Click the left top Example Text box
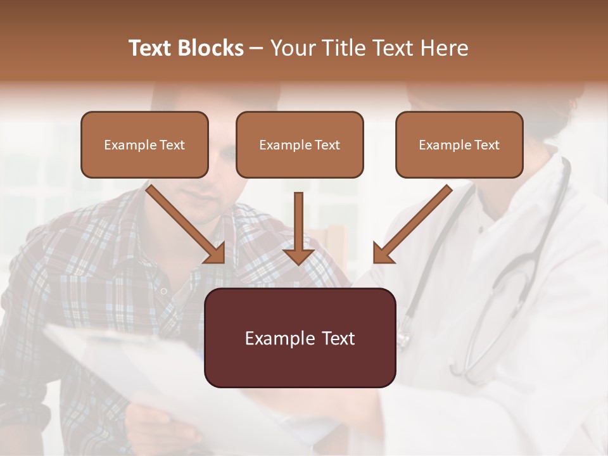[144, 144]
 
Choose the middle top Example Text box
[300, 144]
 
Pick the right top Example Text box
[459, 144]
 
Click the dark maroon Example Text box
[300, 338]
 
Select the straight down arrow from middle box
[298, 228]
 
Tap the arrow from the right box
[412, 224]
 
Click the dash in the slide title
[256, 48]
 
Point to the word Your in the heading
[293, 48]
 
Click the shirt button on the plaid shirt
[163, 291]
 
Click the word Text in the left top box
[172, 145]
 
